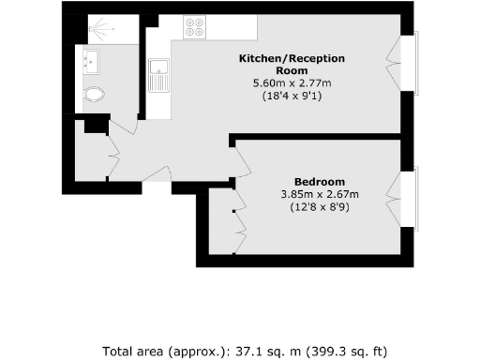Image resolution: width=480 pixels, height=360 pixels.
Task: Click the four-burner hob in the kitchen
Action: click(196, 29)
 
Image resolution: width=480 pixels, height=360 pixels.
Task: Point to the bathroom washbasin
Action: click(93, 63)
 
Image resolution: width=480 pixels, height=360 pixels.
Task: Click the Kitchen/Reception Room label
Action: click(292, 64)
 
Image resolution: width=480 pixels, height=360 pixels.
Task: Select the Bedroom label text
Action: click(319, 181)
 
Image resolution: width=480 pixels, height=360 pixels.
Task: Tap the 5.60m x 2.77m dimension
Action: click(292, 82)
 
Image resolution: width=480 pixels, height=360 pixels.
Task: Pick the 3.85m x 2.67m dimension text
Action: click(320, 194)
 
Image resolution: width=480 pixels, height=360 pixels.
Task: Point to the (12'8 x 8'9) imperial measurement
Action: click(320, 207)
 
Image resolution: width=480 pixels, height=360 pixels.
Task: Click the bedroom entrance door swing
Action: click(241, 159)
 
